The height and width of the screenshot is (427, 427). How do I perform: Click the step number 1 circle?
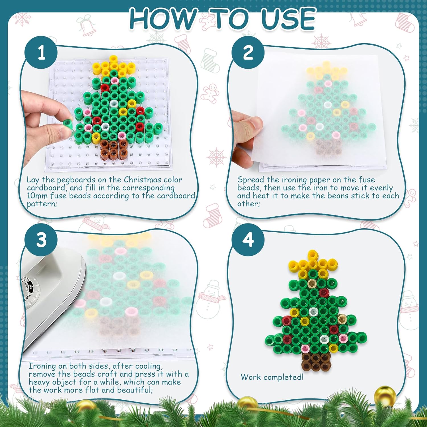(x=41, y=52)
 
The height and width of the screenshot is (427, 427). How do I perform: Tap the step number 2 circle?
(x=248, y=52)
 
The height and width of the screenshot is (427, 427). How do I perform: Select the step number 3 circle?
(x=41, y=240)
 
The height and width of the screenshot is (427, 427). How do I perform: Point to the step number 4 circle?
(x=248, y=240)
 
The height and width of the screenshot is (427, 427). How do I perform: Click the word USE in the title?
(x=288, y=19)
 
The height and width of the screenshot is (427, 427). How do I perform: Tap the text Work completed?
(x=272, y=377)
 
